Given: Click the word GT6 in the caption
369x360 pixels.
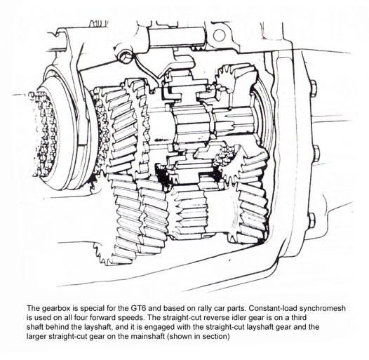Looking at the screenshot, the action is [138, 308].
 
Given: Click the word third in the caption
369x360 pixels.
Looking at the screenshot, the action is [299, 317].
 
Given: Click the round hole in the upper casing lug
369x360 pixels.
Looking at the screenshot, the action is [219, 35].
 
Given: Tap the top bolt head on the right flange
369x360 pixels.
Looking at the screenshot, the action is [314, 89].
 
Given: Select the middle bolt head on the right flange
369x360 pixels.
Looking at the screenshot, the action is [316, 154].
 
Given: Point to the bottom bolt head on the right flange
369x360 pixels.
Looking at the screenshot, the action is [311, 220].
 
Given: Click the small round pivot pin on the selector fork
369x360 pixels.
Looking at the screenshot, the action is [124, 57].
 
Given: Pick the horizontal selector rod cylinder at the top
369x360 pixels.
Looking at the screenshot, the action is [177, 37].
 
